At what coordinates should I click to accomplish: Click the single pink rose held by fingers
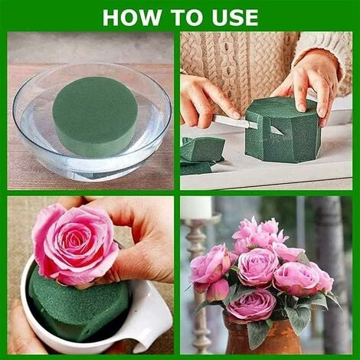[74, 244]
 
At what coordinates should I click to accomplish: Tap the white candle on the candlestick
[198, 208]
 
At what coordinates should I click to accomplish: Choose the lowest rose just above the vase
[250, 305]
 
